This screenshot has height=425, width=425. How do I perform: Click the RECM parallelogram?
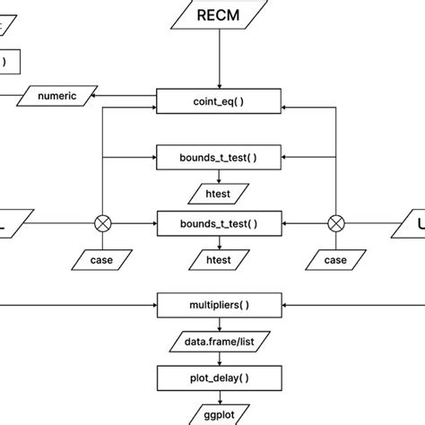pyautogui.click(x=218, y=15)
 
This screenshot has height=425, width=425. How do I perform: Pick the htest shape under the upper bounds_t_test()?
pyautogui.click(x=218, y=191)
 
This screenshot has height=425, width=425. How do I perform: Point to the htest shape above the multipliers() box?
pyautogui.click(x=218, y=259)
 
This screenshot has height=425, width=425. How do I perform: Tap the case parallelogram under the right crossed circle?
pyautogui.click(x=336, y=259)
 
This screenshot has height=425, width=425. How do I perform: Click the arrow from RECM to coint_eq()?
pyautogui.click(x=218, y=58)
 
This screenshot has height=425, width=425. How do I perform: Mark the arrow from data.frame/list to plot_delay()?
pyautogui.click(x=218, y=357)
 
